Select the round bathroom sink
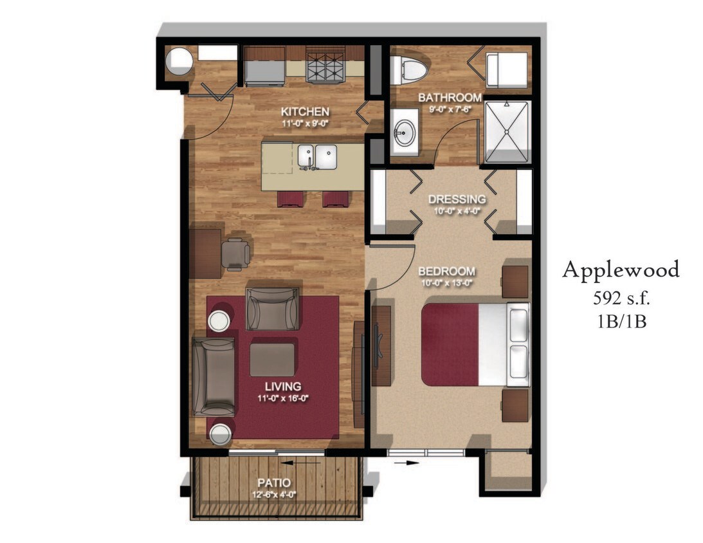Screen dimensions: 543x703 (x=405, y=136)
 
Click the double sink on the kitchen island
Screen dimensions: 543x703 (x=317, y=156)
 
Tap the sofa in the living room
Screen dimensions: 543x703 (x=214, y=376)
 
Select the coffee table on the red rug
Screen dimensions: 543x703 (x=273, y=359)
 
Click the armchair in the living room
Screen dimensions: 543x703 (x=273, y=309)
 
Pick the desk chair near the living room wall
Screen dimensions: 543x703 (x=235, y=253)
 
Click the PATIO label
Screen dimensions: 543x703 (x=274, y=483)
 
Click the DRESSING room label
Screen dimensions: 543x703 (x=457, y=199)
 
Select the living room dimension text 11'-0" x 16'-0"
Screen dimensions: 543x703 (x=283, y=398)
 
